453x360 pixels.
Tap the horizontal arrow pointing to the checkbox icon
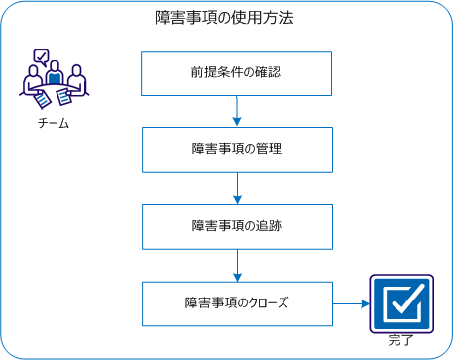(x=349, y=303)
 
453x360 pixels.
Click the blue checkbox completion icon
(x=402, y=304)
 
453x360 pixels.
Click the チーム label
(x=53, y=124)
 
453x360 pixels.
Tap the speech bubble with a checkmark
(x=41, y=57)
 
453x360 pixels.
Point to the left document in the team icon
(x=42, y=99)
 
